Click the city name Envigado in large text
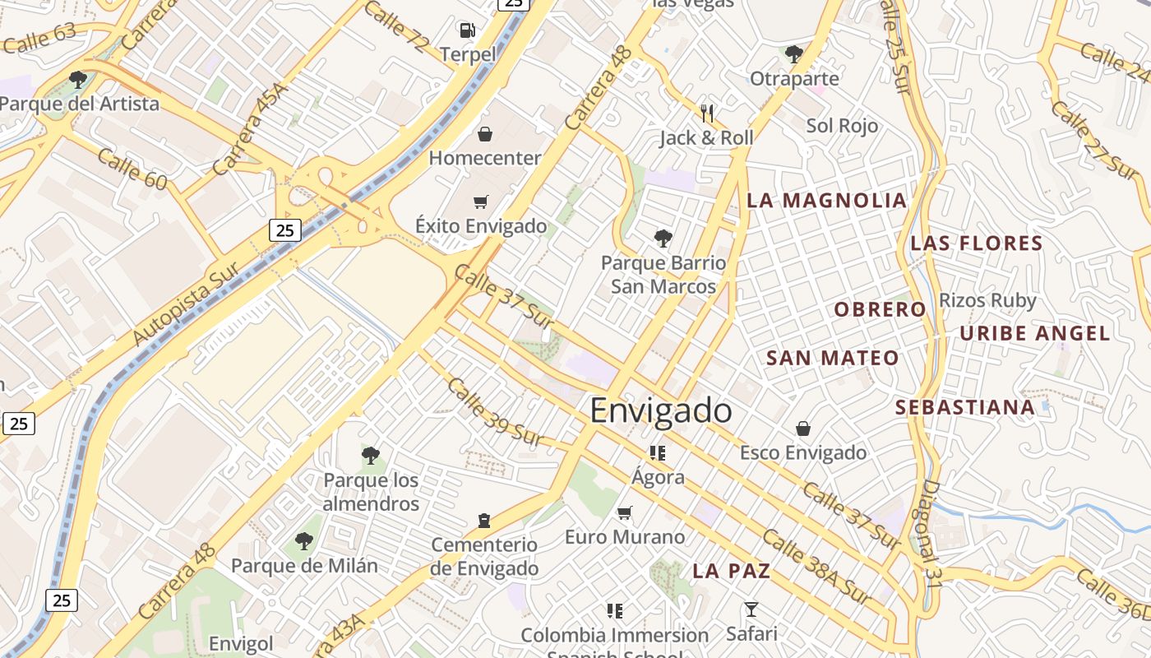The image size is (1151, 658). tap(661, 410)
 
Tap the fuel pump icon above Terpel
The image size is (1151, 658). tap(467, 30)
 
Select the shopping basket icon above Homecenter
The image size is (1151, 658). tap(485, 133)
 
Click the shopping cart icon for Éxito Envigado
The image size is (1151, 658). tap(481, 202)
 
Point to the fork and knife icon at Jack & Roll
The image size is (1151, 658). tap(706, 113)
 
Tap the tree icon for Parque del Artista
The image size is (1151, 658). tap(78, 80)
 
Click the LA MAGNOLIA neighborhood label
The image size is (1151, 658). tap(826, 201)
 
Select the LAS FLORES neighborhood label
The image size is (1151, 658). tap(977, 243)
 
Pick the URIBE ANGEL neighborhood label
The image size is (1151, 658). tap(1035, 333)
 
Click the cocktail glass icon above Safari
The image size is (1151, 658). tap(751, 609)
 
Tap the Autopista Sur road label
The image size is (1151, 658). tap(186, 304)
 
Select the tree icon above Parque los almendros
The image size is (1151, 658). tap(371, 455)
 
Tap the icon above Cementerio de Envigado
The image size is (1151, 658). tap(484, 521)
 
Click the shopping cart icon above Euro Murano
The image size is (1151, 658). tap(625, 513)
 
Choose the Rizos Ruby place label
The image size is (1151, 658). tap(987, 300)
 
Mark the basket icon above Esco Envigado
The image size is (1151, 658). tap(802, 429)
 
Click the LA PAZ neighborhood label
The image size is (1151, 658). tap(731, 571)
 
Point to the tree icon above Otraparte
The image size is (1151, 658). tap(793, 54)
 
